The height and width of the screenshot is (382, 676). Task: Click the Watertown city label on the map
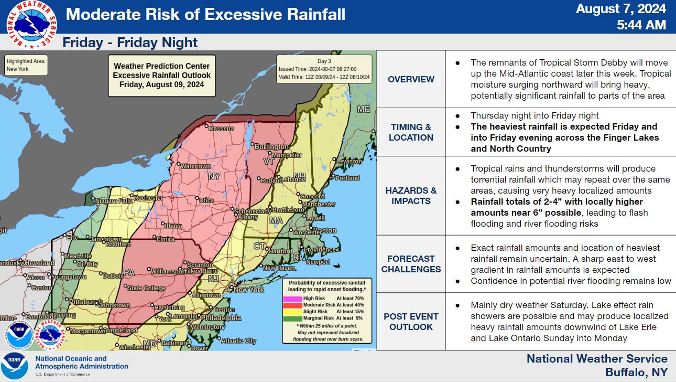(x=196, y=166)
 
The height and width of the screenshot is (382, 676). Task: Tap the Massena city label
(x=220, y=129)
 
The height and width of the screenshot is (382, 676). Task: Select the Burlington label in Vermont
(x=271, y=147)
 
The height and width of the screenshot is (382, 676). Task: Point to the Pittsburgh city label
(x=85, y=302)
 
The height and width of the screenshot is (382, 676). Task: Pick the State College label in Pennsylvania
(x=146, y=288)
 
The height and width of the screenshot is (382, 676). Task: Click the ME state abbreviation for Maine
(x=364, y=109)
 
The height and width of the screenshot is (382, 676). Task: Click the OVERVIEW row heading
(x=411, y=79)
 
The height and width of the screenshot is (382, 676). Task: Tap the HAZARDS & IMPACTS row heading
(x=411, y=196)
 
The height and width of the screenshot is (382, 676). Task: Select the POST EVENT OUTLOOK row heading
(x=411, y=322)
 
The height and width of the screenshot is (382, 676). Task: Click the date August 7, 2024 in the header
(x=621, y=9)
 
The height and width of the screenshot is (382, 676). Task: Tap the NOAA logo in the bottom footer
(x=14, y=366)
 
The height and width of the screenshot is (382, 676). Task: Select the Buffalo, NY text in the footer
(x=636, y=373)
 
